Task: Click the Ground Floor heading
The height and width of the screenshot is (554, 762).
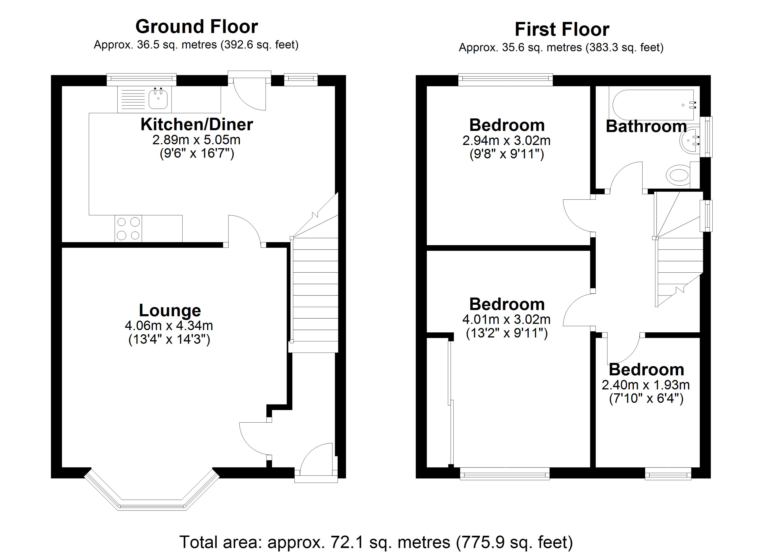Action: (197, 27)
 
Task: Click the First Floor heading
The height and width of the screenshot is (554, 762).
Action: (562, 29)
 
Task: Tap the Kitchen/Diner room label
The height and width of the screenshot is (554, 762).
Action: (197, 124)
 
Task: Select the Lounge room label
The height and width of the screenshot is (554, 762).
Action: (170, 310)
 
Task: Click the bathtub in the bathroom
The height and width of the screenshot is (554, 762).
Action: (653, 105)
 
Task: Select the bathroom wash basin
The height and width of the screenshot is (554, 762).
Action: (690, 141)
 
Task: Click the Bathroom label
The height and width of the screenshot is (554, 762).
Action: (646, 127)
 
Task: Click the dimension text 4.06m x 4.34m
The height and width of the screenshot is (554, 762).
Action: (169, 325)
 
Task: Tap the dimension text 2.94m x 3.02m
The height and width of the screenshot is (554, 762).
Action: (507, 140)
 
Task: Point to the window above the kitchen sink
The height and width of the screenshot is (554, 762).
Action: (142, 79)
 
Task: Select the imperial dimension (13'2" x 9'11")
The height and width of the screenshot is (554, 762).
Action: (507, 333)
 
